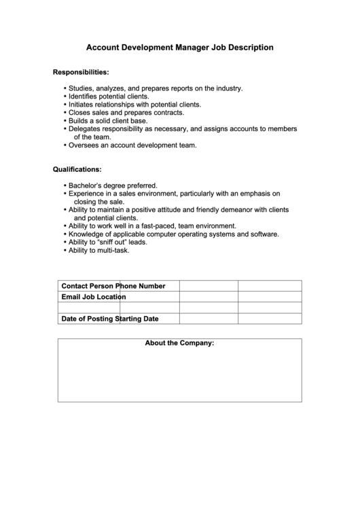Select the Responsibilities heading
point(81,71)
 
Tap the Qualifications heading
point(77,169)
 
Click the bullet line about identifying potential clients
point(109,96)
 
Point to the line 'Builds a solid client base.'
point(108,120)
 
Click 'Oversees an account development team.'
point(132,145)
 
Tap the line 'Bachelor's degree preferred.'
point(113,185)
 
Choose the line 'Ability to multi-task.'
point(98,250)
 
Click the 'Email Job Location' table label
point(94,297)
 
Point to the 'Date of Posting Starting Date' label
point(110,319)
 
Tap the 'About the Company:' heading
point(179,343)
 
